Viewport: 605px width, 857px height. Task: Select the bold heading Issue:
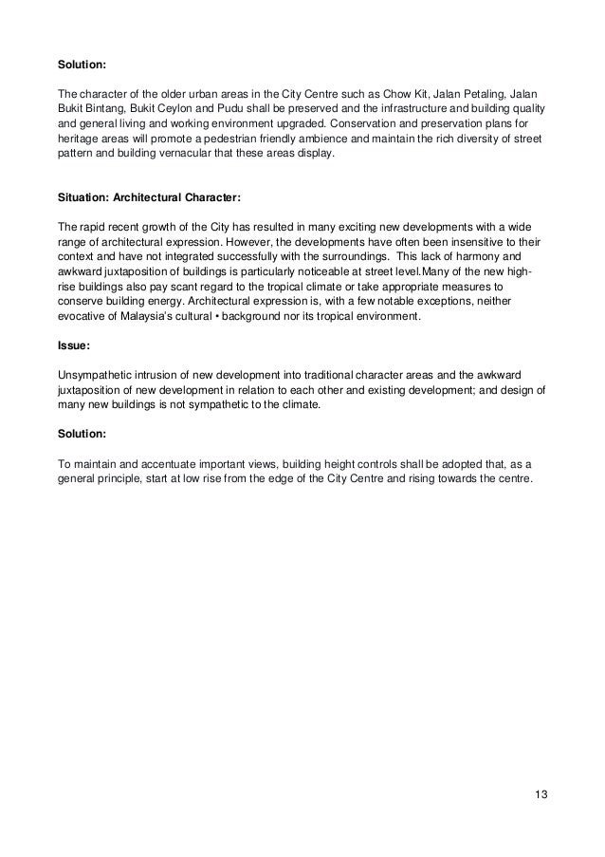pos(74,347)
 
